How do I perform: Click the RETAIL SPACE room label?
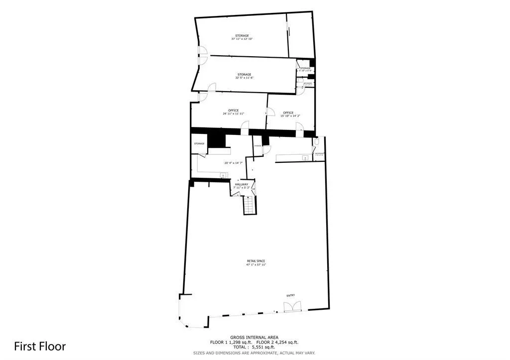255,261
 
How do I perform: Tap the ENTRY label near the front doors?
290,295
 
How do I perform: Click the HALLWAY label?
242,184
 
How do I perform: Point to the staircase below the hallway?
249,205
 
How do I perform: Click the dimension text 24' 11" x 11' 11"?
234,114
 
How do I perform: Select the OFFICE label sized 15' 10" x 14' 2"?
288,113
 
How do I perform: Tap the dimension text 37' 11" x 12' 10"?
242,39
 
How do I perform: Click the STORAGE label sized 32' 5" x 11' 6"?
244,75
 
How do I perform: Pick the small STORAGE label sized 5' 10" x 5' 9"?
305,68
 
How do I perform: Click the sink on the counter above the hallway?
224,175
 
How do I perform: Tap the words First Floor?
39,346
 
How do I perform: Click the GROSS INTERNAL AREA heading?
254,337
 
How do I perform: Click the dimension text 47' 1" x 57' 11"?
255,265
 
